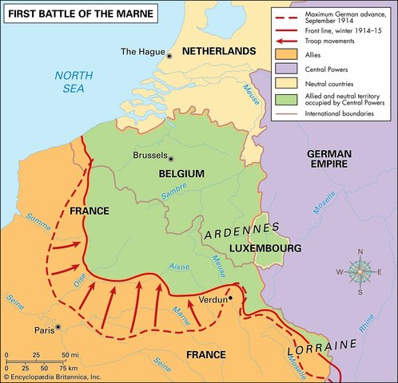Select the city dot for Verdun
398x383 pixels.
pos(231,298)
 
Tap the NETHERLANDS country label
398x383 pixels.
pos(218,51)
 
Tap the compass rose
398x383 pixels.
pos(359,272)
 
